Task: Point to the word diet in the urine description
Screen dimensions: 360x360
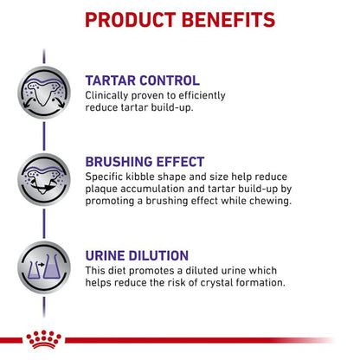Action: tap(119, 271)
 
